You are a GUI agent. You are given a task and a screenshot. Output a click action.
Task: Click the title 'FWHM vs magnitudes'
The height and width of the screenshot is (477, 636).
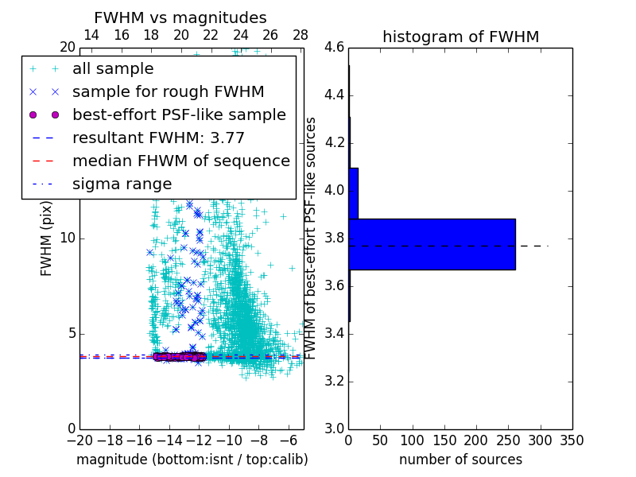[180, 17]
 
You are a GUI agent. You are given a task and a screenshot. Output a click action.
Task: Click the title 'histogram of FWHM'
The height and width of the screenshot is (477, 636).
[460, 37]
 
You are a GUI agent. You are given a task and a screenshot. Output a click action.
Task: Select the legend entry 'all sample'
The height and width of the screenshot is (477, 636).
[113, 69]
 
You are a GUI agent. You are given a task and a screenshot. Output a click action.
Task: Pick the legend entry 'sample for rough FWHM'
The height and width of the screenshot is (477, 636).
[168, 92]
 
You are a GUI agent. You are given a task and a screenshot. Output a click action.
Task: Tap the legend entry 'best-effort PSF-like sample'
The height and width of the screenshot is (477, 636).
[179, 115]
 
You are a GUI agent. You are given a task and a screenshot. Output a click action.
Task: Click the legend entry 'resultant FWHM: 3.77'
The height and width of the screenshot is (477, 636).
[158, 138]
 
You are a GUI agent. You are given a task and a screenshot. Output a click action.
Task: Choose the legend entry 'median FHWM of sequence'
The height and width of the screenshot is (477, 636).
[180, 161]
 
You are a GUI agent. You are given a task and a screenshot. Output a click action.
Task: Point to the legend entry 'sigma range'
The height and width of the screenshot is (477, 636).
[122, 184]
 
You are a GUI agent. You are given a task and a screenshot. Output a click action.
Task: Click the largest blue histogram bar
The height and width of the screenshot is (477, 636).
[432, 244]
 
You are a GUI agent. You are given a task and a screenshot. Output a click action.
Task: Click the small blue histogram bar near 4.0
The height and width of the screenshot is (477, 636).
[353, 192]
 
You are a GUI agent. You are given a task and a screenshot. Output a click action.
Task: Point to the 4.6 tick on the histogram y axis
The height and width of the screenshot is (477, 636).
[335, 48]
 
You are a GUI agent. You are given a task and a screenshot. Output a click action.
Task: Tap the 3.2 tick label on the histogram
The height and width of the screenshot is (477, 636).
[335, 381]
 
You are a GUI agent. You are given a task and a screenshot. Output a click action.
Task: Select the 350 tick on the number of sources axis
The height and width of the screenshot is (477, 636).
[572, 440]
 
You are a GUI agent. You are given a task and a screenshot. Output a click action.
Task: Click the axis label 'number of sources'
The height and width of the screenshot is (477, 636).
[460, 460]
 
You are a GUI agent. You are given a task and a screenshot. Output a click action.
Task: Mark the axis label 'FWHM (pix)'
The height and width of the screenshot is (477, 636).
[46, 238]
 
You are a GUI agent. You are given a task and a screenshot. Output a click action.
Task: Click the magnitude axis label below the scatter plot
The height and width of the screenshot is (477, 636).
[192, 460]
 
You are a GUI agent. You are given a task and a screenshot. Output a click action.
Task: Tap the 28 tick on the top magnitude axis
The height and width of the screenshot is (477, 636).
[301, 35]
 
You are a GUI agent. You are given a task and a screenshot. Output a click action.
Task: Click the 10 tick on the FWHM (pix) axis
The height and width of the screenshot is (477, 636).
[68, 238]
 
